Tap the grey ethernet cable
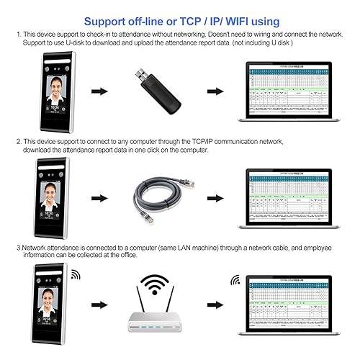click(161, 194)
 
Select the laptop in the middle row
click(288, 196)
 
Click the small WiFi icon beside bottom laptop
click(235, 279)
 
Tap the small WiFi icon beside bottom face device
click(76, 274)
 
